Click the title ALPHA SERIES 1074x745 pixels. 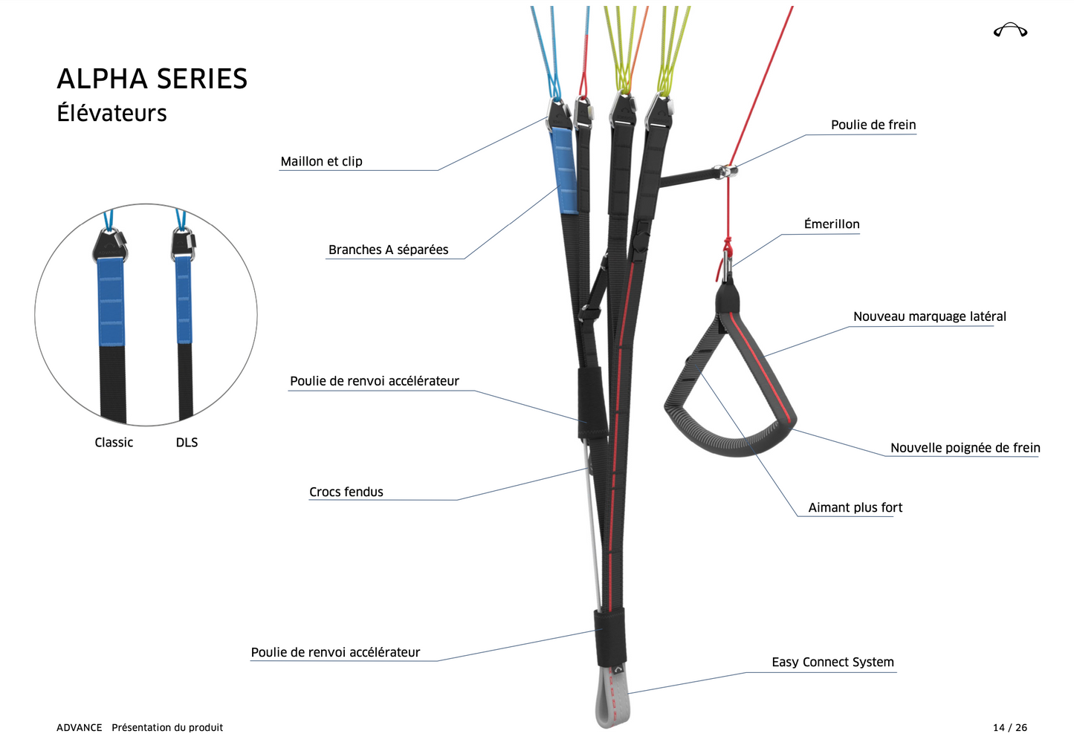[152, 79]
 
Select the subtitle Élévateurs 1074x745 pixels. [111, 114]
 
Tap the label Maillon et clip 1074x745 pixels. [321, 161]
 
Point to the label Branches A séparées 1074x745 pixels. [388, 250]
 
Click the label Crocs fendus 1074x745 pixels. [346, 492]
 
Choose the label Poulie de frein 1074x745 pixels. [873, 125]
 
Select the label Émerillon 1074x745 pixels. [831, 224]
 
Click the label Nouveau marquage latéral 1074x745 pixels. [929, 316]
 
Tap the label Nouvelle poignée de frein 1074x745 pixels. [965, 448]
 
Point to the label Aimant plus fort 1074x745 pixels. [855, 508]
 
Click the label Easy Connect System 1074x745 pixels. [832, 663]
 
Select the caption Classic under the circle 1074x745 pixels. [114, 443]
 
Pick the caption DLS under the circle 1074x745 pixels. [187, 443]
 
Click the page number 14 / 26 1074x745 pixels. [1009, 728]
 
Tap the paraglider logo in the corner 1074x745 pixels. [1010, 30]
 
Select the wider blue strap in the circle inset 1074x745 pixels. [111, 302]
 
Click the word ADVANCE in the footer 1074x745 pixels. [79, 728]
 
